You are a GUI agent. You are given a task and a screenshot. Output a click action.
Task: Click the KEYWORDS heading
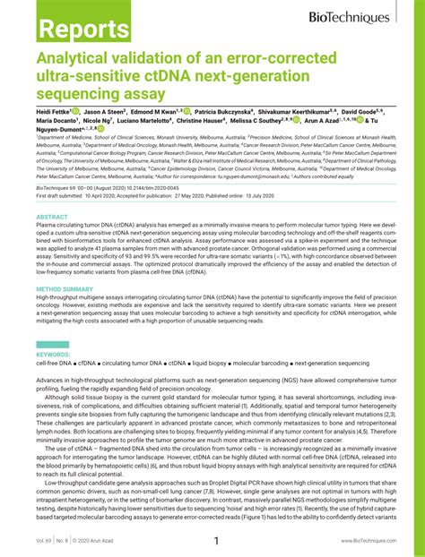[53, 355]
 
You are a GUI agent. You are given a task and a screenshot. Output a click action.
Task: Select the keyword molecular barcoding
[265, 364]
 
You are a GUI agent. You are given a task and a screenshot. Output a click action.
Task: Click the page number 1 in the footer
[215, 541]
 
